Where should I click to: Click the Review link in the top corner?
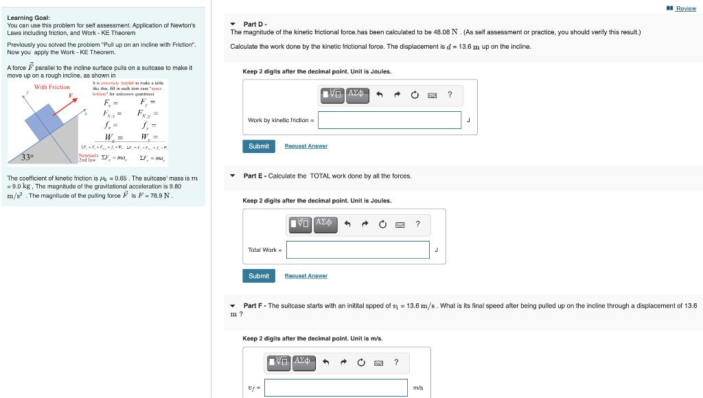point(685,8)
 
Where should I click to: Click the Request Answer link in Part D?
point(306,146)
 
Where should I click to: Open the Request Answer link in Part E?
point(306,276)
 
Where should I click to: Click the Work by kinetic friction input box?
point(389,120)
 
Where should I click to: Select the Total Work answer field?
point(358,250)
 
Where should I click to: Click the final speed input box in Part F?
point(336,388)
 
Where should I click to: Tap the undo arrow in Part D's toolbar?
point(379,95)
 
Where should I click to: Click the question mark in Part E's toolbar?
point(417,224)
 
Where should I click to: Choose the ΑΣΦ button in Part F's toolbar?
point(302,361)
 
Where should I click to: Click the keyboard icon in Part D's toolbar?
point(433,95)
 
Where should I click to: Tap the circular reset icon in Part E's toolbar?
point(382,224)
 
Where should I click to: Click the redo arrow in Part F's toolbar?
point(343,362)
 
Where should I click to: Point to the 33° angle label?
point(27,157)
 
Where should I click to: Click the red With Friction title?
point(52,87)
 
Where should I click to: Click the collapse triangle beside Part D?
point(234,25)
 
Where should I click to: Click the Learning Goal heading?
point(23,18)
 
